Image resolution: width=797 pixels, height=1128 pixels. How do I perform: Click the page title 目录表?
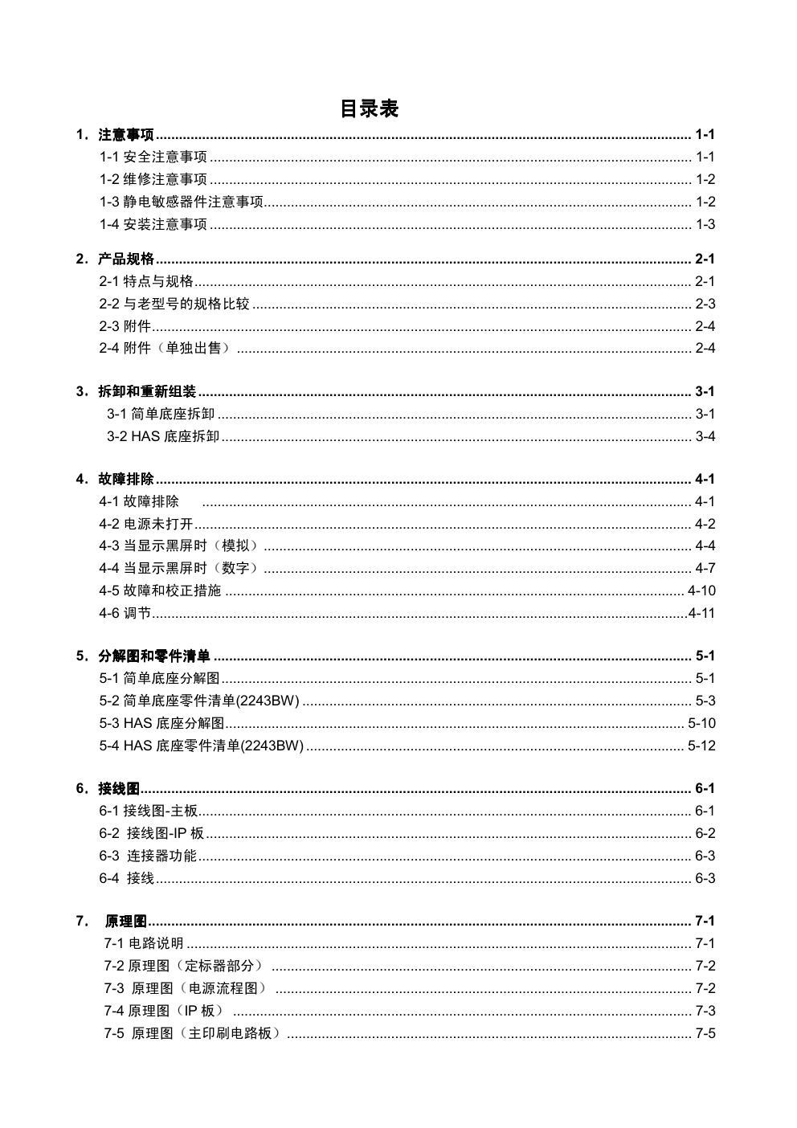[369, 108]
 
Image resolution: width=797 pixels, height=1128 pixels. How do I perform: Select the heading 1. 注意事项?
[116, 134]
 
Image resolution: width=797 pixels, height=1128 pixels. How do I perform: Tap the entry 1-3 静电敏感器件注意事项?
[182, 202]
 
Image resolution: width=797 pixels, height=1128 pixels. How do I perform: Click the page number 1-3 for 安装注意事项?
[705, 224]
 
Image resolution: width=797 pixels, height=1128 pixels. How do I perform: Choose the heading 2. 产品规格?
[116, 259]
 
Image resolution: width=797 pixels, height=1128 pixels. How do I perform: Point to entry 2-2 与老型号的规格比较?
[174, 304]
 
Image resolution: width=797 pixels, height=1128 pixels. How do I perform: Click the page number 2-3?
[705, 304]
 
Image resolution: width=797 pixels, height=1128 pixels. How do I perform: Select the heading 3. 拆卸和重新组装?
[137, 391]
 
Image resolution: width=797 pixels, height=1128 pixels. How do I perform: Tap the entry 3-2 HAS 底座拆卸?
[163, 436]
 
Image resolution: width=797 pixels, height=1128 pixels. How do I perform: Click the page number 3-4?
[705, 436]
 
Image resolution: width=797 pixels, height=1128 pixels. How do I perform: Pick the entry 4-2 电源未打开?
[146, 524]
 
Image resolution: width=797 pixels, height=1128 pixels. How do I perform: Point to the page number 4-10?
[701, 591]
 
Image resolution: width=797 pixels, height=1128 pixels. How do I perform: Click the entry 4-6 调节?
[125, 613]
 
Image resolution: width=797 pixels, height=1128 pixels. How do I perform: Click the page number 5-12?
[701, 746]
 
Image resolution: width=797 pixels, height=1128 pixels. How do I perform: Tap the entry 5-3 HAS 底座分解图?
[161, 723]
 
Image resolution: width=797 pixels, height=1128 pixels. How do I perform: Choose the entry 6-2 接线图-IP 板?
[152, 833]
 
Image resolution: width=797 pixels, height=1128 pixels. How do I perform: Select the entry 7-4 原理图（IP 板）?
[165, 1011]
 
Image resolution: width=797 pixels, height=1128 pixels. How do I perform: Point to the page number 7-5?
[705, 1033]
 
